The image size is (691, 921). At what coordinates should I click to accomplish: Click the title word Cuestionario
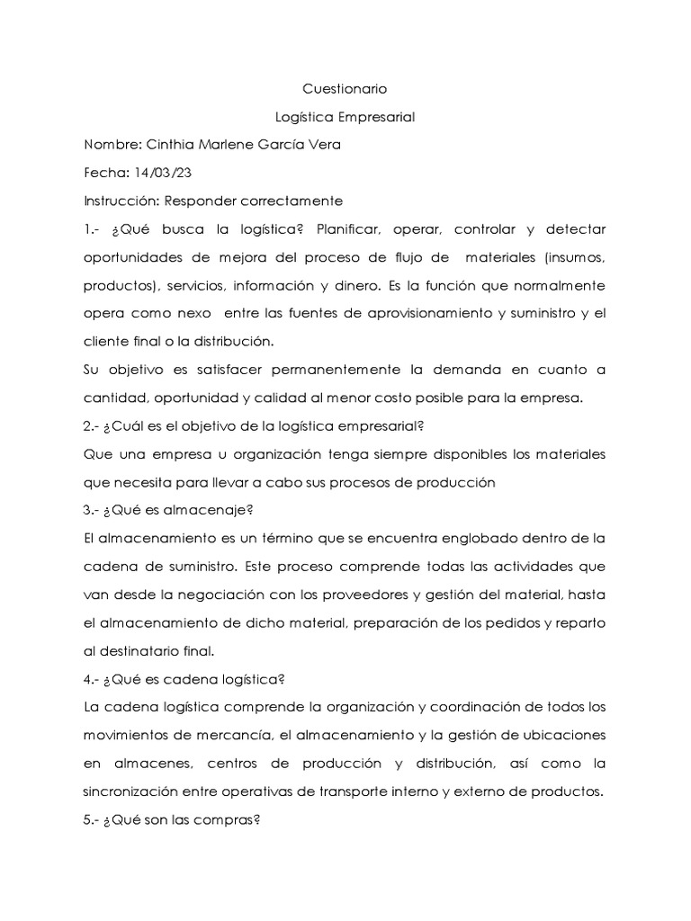(x=344, y=90)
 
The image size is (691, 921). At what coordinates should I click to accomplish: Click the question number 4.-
(x=91, y=679)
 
